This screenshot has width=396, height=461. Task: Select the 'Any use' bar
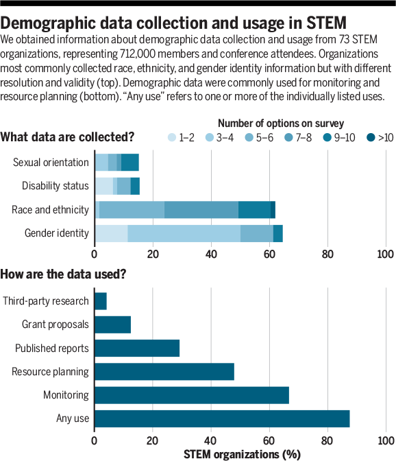tap(222, 418)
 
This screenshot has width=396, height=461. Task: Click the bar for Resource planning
tap(164, 372)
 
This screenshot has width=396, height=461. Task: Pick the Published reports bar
tap(136, 348)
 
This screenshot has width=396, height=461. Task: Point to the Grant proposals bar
tap(112, 324)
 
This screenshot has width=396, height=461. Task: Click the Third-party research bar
tap(100, 301)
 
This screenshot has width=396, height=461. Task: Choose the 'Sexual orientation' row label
tap(51, 163)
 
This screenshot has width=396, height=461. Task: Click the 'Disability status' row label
tap(55, 186)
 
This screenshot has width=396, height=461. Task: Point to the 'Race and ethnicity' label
tap(50, 209)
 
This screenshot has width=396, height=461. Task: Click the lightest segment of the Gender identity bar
tap(111, 233)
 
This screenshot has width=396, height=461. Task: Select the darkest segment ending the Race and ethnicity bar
tap(273, 209)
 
